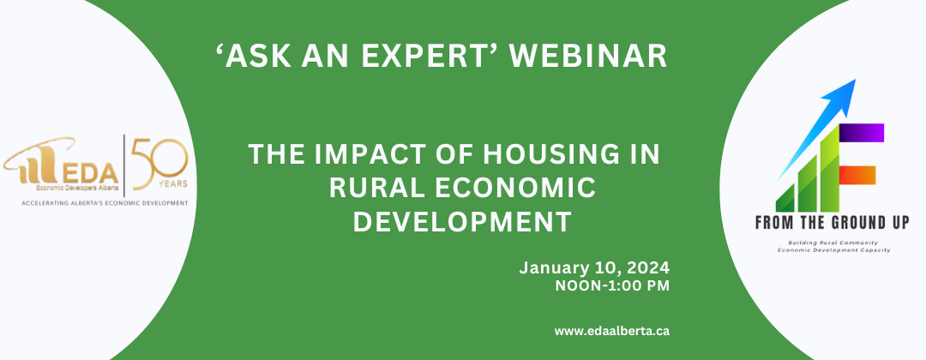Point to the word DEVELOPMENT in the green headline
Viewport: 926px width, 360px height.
462,222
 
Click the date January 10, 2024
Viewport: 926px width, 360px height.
594,268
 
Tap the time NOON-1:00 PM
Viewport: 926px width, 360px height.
612,287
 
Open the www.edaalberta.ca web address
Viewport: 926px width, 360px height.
612,331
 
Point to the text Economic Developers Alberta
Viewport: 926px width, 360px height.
77,188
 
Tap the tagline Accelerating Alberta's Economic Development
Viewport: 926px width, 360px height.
105,202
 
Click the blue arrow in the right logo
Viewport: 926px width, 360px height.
817,128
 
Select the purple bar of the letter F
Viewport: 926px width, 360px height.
862,133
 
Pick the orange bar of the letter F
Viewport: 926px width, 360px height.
857,175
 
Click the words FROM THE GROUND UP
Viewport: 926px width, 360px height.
833,223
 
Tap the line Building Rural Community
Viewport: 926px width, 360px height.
833,243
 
